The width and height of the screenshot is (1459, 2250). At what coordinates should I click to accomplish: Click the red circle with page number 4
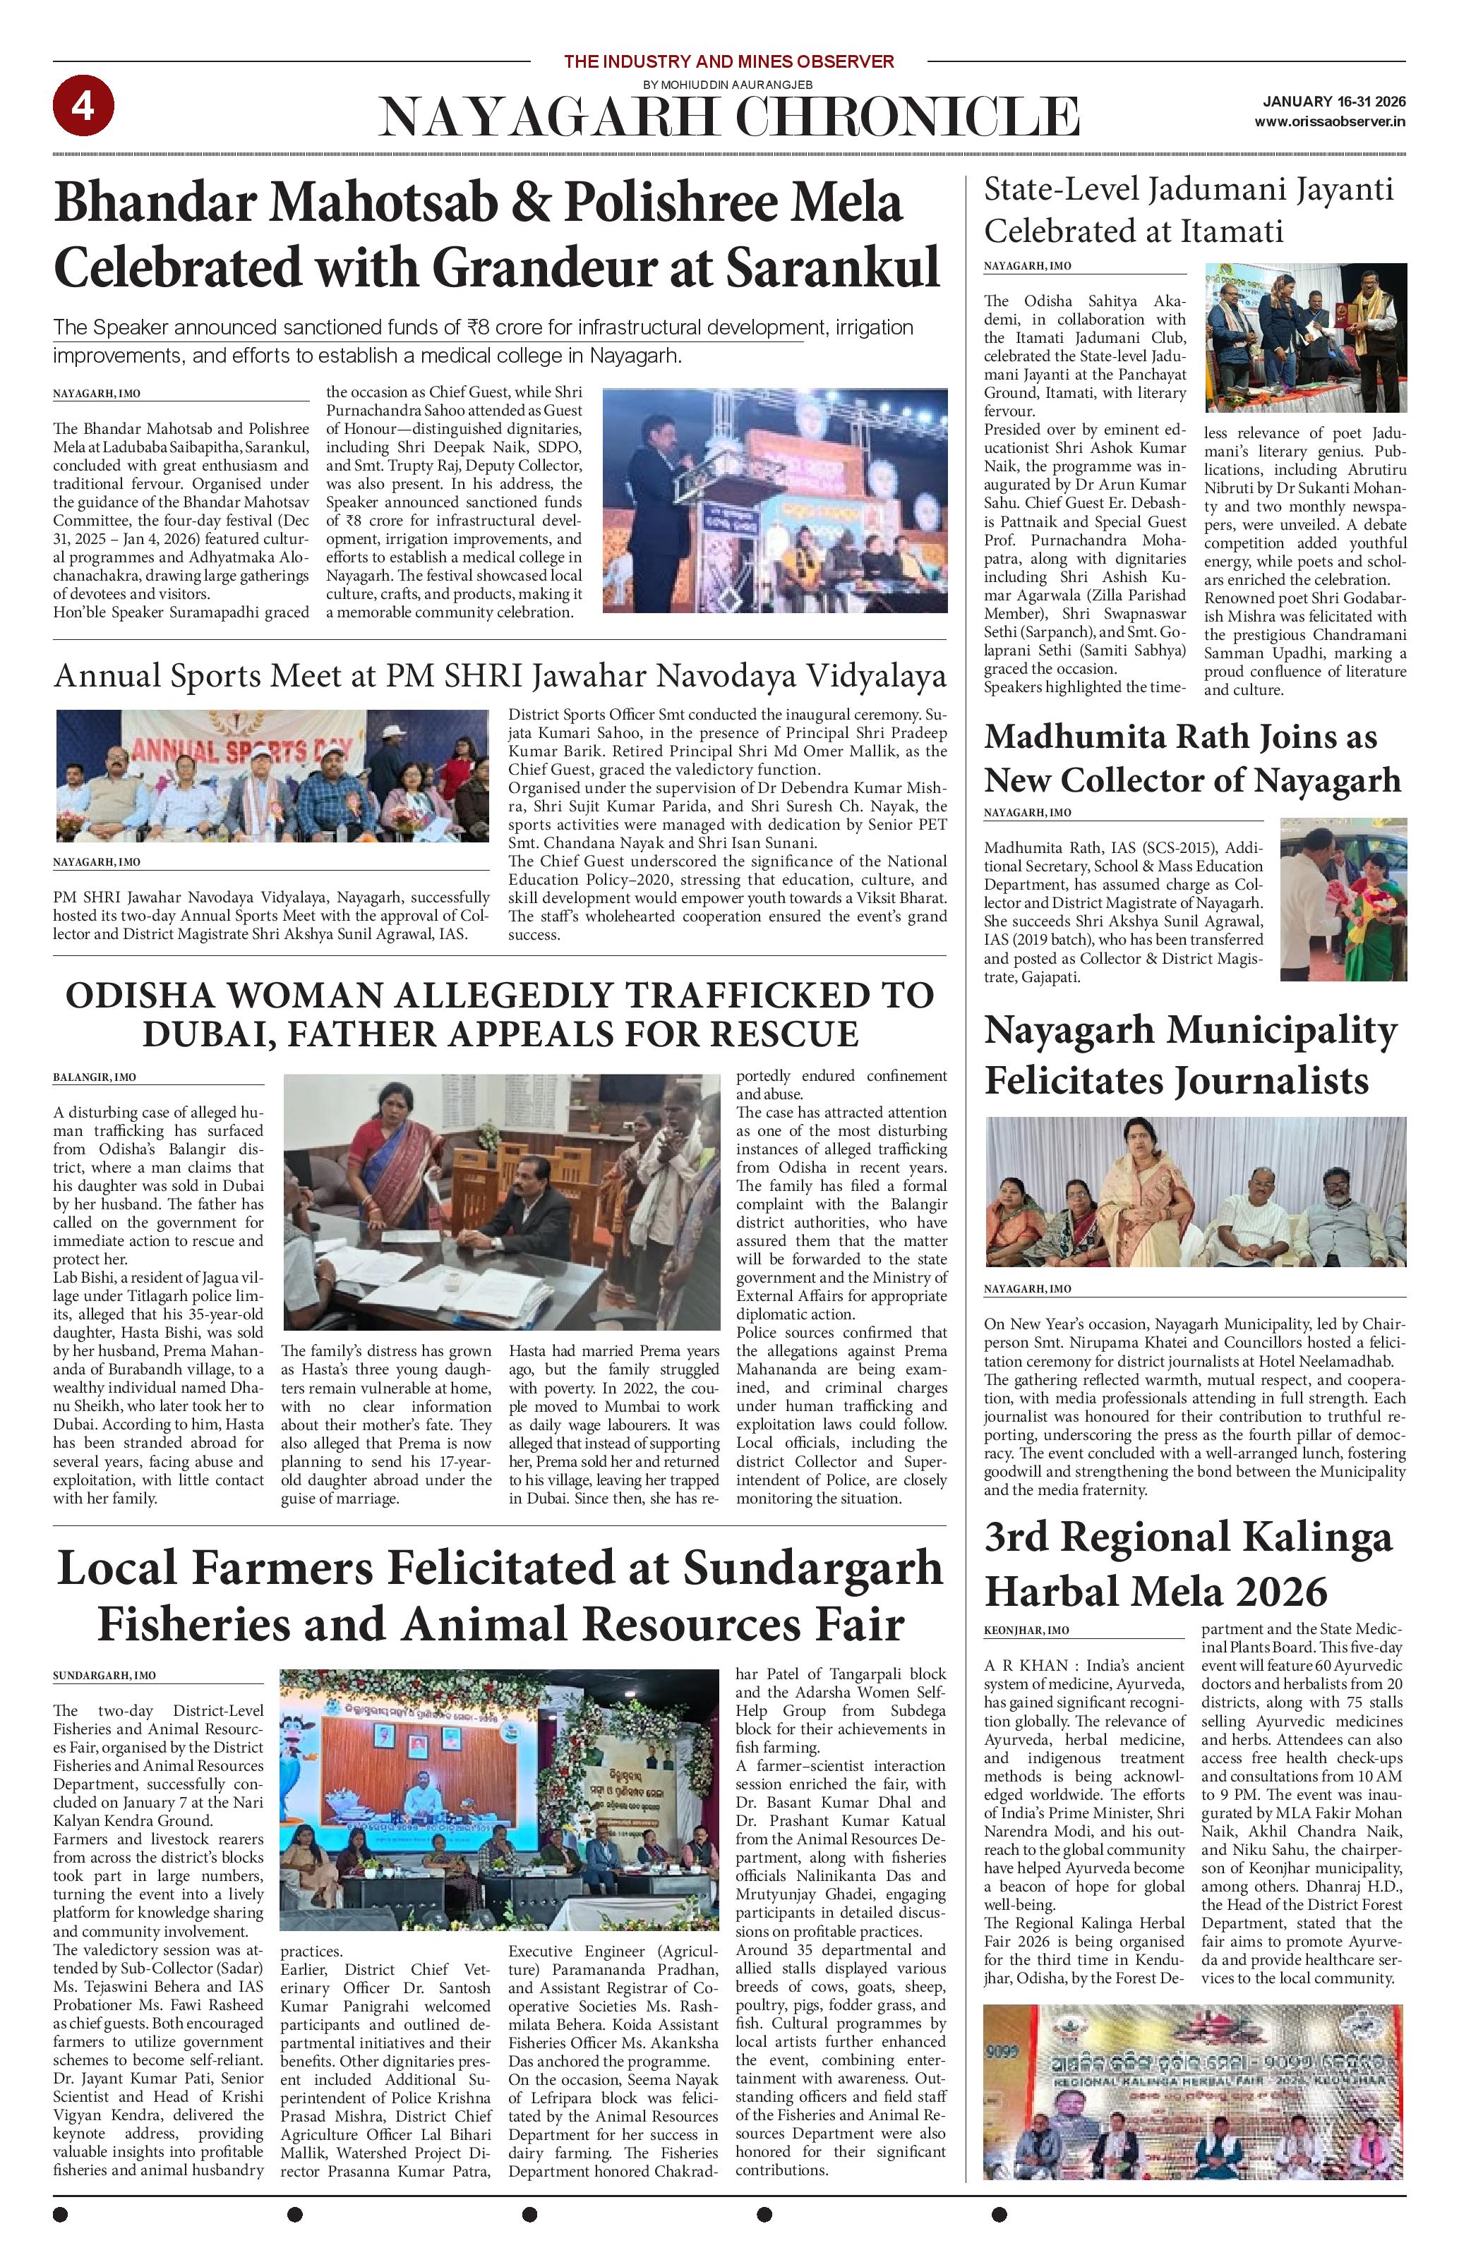click(83, 106)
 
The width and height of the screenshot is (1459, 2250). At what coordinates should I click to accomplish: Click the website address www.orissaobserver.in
click(1329, 122)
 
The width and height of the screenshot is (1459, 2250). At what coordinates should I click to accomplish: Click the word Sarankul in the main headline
click(833, 267)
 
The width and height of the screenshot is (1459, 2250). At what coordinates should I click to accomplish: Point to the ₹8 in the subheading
click(479, 328)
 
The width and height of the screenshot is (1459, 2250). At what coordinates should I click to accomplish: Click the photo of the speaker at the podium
click(774, 500)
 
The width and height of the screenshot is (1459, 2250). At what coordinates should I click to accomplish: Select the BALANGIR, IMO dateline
click(95, 1077)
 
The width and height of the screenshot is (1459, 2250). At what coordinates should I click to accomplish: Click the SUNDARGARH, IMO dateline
click(104, 1676)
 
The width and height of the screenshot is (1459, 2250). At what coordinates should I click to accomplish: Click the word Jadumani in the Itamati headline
click(1212, 190)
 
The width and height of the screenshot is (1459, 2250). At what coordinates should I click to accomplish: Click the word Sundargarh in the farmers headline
click(812, 1569)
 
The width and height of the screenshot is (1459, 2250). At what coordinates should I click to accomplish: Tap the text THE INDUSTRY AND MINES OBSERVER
click(728, 62)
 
